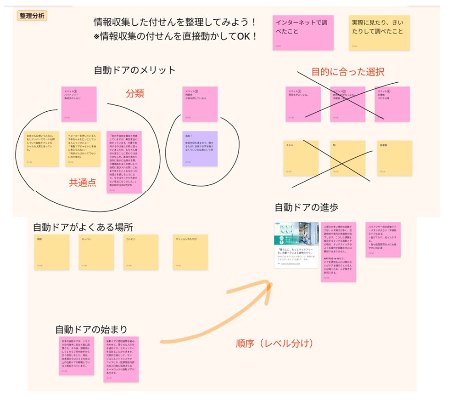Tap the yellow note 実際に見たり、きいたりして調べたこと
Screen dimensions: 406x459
pyautogui.click(x=379, y=32)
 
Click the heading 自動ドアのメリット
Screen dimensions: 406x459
pyautogui.click(x=134, y=70)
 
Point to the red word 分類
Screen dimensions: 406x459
pyautogui.click(x=135, y=93)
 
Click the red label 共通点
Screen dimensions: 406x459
pyautogui.click(x=83, y=183)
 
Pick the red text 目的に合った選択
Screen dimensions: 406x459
pyautogui.click(x=347, y=72)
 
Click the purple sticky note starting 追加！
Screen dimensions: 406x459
pyautogui.click(x=200, y=149)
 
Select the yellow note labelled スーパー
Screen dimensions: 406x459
pyautogui.click(x=96, y=252)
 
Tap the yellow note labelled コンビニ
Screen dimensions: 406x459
pyautogui.click(x=141, y=252)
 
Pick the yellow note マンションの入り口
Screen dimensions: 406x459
pyautogui.click(x=190, y=252)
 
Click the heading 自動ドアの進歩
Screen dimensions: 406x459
pyautogui.click(x=306, y=207)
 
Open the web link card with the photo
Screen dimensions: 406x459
pyautogui.click(x=296, y=245)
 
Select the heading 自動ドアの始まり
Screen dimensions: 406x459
pyautogui.click(x=91, y=329)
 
